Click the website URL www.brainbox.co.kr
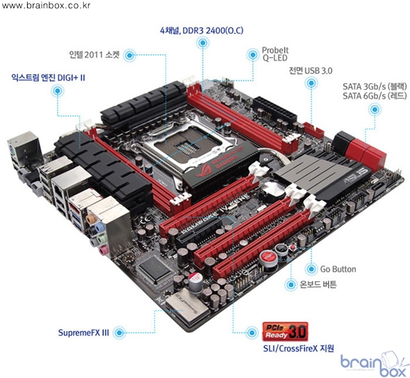tap(46, 6)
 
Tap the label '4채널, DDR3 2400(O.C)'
tap(202, 31)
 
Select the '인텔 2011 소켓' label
tap(94, 55)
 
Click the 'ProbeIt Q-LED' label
tap(275, 54)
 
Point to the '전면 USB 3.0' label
tap(311, 71)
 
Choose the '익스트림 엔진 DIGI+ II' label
tap(48, 78)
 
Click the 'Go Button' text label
tap(338, 269)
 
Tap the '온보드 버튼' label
tap(318, 284)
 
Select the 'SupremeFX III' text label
tap(83, 333)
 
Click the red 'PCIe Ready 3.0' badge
tap(285, 331)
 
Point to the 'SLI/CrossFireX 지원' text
tap(298, 348)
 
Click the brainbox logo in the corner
tap(374, 363)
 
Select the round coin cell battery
tap(272, 190)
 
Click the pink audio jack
tap(103, 251)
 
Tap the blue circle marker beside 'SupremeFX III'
tap(120, 333)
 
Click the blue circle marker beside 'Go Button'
tap(311, 269)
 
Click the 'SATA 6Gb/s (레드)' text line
tap(375, 96)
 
